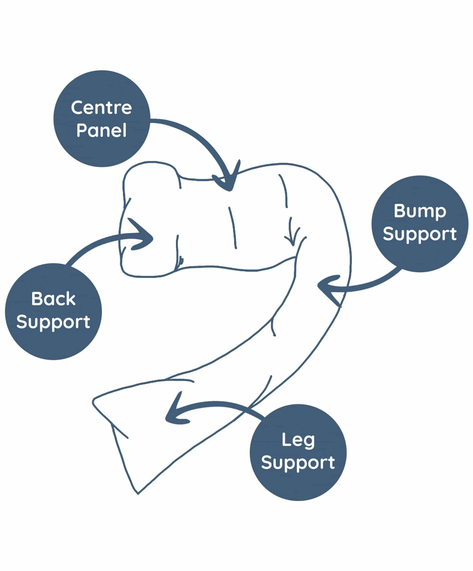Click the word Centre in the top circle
pyautogui.click(x=101, y=108)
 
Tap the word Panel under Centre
pyautogui.click(x=101, y=130)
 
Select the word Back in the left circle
pyautogui.click(x=53, y=299)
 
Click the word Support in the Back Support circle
pyautogui.click(x=53, y=322)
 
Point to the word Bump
pyautogui.click(x=420, y=211)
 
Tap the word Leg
pyautogui.click(x=298, y=440)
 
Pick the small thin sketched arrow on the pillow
pyautogui.click(x=292, y=233)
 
